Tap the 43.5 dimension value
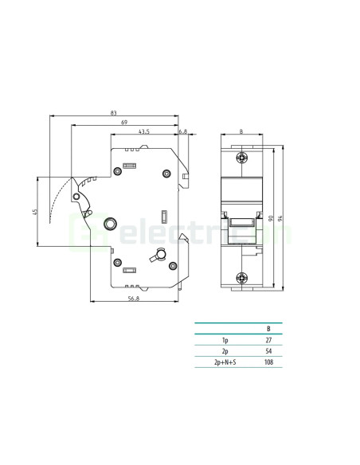pos(144,131)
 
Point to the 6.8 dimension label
pos(182,131)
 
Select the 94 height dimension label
pos(284,217)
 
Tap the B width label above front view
pos(241,131)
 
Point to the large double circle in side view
pos(112,225)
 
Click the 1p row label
pos(226,340)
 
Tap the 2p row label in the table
pos(226,351)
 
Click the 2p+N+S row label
pos(226,363)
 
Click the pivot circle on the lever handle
pos(76,196)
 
